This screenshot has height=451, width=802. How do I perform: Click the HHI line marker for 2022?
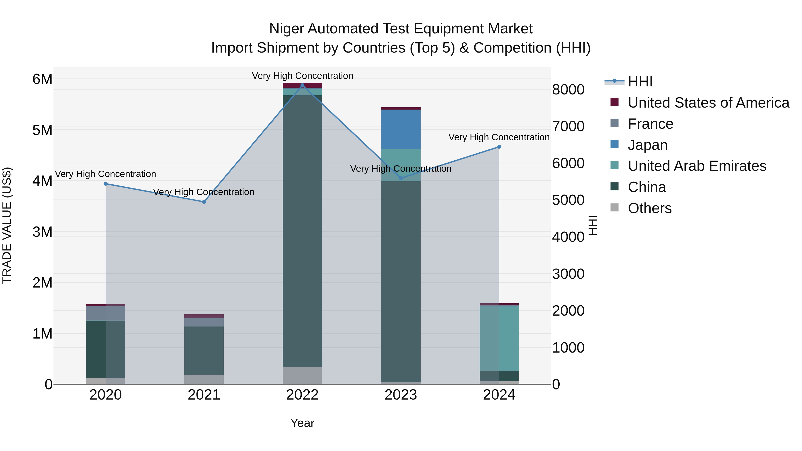coord(302,85)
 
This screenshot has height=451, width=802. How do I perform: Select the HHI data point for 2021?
coord(204,202)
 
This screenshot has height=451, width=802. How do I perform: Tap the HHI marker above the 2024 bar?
coord(499,147)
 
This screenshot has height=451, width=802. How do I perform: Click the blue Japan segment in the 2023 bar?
coord(401,129)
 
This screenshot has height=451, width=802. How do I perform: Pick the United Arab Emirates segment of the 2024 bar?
coord(499,338)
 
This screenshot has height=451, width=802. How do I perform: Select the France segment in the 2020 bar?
coord(106,313)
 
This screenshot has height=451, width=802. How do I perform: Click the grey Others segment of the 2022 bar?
coord(302,375)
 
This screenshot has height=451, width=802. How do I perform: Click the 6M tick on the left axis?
coord(42,79)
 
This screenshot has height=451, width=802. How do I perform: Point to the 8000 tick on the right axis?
coord(568,90)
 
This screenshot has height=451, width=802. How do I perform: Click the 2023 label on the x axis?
coord(401,395)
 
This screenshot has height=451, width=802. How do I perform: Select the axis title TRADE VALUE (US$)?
coord(7,225)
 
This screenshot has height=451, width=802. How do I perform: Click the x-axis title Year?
coord(302,423)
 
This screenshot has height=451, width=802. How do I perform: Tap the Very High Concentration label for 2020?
coord(106,174)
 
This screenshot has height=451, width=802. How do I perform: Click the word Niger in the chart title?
coord(286,29)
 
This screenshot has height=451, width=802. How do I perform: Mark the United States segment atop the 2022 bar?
coord(302,85)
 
